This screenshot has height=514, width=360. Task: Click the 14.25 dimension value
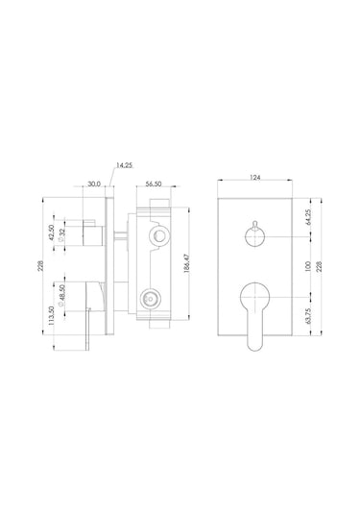[x=124, y=165]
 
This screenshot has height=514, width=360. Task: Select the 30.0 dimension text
[x=94, y=184]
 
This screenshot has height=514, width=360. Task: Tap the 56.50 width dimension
[x=154, y=184]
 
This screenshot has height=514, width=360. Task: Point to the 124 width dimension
[x=254, y=178]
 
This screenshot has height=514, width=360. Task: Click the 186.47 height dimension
[x=186, y=264]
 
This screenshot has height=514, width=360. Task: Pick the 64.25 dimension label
[x=307, y=217]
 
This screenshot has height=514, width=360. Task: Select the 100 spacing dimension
[x=307, y=266]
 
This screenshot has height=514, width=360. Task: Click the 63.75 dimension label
[x=307, y=316]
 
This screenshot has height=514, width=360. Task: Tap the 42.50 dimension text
[x=52, y=233]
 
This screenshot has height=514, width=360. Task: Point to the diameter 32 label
[x=61, y=234]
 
